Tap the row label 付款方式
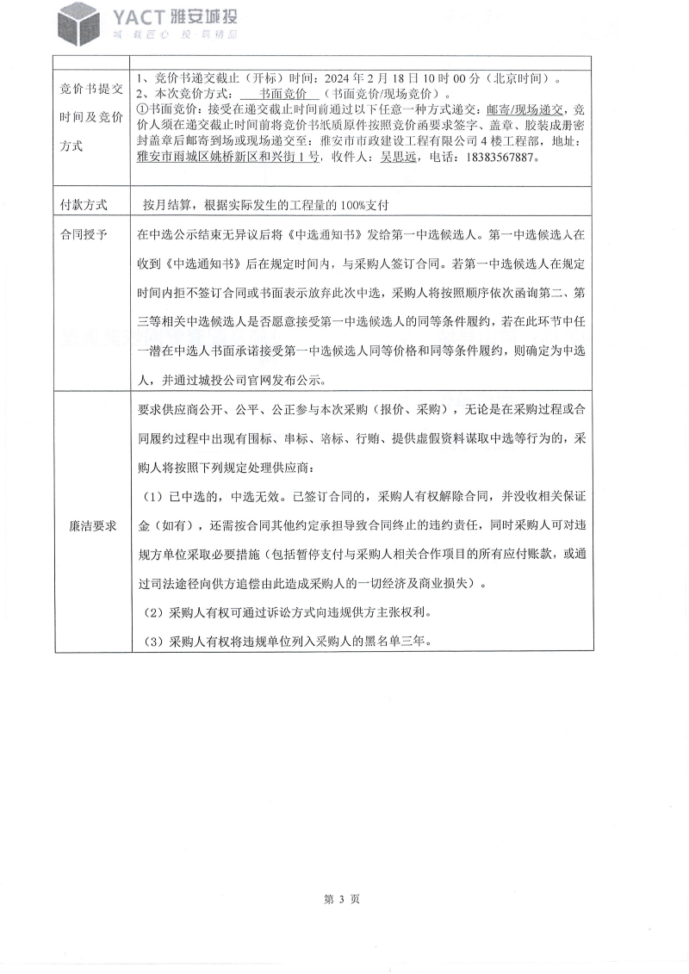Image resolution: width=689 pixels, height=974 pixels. pyautogui.click(x=84, y=206)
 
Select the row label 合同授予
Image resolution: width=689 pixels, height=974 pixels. pyautogui.click(x=84, y=233)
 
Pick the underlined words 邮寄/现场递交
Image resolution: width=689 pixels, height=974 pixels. pyautogui.click(x=525, y=110)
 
